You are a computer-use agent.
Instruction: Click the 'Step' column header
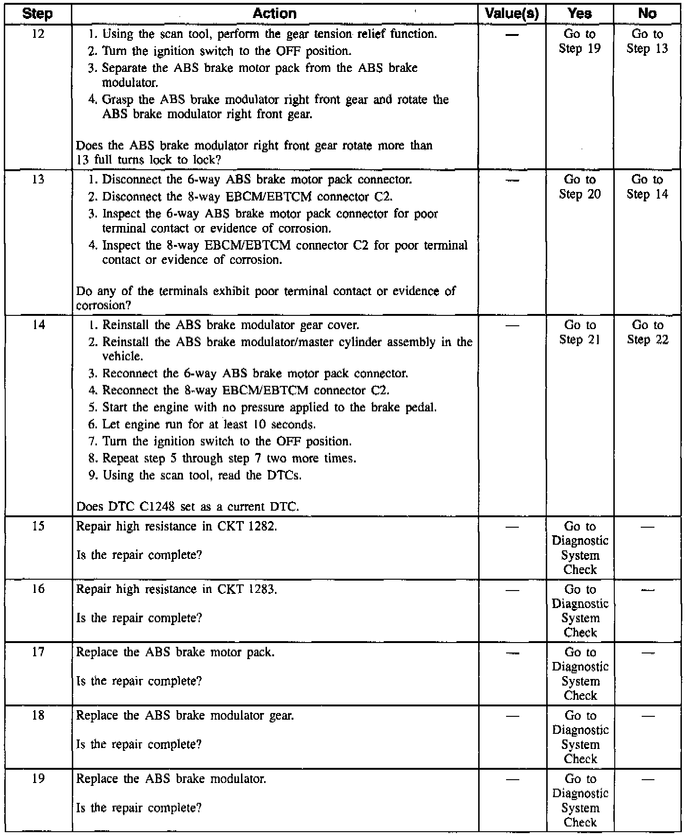[37, 14]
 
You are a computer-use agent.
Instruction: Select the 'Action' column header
[275, 14]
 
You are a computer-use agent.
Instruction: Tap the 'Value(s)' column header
[512, 14]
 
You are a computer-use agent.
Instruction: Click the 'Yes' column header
[580, 14]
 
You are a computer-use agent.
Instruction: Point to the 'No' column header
[647, 14]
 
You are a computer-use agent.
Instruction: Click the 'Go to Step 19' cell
[580, 42]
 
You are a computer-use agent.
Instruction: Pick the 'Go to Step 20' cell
[580, 187]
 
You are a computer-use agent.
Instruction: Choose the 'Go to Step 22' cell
[647, 333]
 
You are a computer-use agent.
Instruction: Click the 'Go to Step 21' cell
[580, 333]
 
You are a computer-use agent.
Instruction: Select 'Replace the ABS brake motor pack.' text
[175, 653]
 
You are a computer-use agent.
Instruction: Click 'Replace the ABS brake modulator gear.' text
[185, 716]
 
